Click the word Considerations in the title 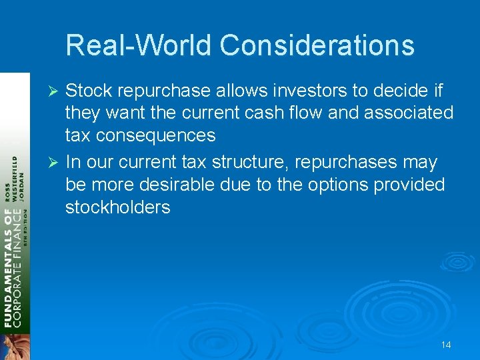click(x=317, y=46)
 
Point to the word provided click(x=408, y=185)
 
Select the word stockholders click(x=118, y=207)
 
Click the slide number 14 click(x=446, y=345)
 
